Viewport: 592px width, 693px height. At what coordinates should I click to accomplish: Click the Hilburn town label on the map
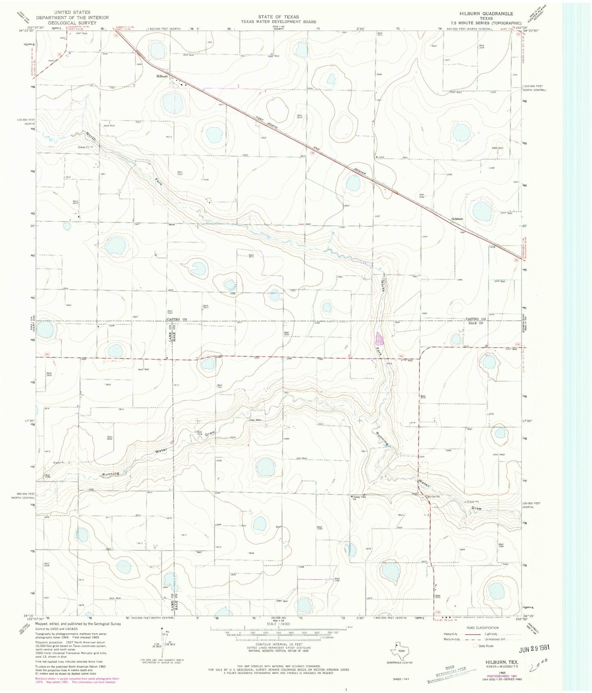[x=162, y=77]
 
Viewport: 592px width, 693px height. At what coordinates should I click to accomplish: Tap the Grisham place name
[x=457, y=219]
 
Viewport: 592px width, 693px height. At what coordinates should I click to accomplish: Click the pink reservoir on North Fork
[x=380, y=339]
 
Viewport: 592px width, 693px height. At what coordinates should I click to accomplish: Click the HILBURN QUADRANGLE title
[x=486, y=14]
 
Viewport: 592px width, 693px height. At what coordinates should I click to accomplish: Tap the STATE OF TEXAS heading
[x=278, y=17]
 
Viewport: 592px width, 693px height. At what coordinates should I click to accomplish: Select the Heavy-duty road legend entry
[x=451, y=634]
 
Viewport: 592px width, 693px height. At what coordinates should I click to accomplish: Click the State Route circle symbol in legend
[x=475, y=646]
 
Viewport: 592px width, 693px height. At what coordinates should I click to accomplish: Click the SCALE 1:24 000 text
[x=278, y=624]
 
